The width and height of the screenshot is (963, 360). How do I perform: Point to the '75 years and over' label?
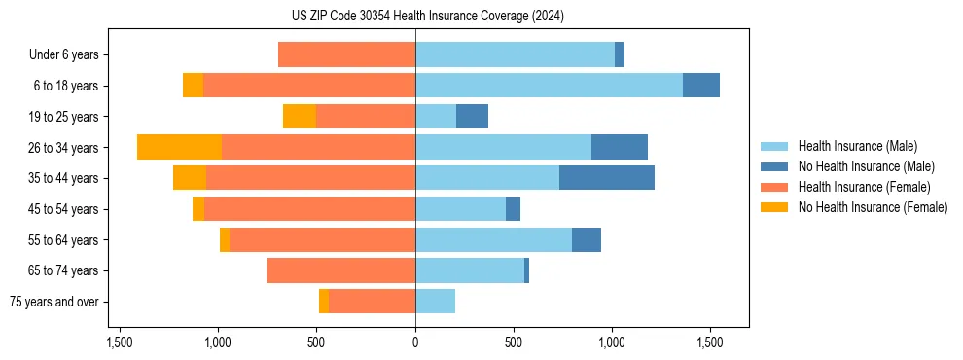tap(54, 302)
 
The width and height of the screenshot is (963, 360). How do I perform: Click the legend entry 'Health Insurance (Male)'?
tap(857, 146)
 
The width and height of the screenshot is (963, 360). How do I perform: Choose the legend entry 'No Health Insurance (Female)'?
tap(873, 207)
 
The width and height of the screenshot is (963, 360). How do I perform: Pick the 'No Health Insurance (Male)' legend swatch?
tap(775, 166)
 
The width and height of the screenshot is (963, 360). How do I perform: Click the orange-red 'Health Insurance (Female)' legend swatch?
tap(775, 187)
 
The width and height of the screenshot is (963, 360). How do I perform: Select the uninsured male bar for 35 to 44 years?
tap(607, 178)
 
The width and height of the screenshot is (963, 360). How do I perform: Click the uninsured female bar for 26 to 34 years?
tap(179, 147)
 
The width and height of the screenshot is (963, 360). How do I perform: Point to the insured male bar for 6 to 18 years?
tap(549, 86)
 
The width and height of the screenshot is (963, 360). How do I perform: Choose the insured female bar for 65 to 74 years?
tap(340, 270)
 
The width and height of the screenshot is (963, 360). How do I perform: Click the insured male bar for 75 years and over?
tap(435, 302)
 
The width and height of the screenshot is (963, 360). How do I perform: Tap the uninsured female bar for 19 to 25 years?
tap(300, 117)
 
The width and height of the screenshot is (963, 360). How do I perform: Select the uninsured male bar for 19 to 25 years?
tap(472, 117)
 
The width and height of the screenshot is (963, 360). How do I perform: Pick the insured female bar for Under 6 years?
tap(346, 54)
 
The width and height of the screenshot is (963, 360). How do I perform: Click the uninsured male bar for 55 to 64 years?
tap(587, 239)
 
